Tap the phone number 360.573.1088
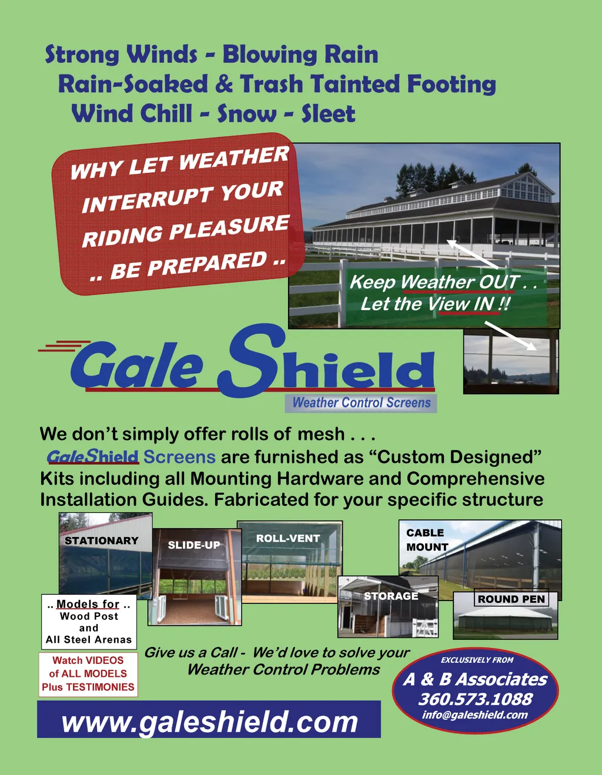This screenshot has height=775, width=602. (x=476, y=699)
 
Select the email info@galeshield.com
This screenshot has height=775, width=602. (x=475, y=716)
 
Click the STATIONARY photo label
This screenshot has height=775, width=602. (x=101, y=541)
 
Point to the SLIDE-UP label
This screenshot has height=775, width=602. (x=194, y=545)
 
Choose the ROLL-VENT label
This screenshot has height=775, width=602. (x=288, y=538)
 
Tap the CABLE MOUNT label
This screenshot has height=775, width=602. (x=427, y=539)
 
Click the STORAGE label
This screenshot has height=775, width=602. (x=391, y=596)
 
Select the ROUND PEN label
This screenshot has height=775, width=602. (x=511, y=599)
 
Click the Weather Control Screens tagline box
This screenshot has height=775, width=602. (x=361, y=404)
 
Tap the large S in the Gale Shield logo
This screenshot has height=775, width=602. (x=252, y=360)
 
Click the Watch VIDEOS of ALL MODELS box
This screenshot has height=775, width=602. (x=88, y=674)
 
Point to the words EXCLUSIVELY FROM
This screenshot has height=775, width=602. (x=477, y=660)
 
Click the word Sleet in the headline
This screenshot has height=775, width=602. (x=328, y=113)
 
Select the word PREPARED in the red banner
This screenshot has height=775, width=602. (x=206, y=263)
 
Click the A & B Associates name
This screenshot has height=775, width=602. (x=475, y=680)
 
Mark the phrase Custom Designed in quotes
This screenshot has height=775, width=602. (x=459, y=457)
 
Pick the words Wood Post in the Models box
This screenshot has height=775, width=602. (x=89, y=616)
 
